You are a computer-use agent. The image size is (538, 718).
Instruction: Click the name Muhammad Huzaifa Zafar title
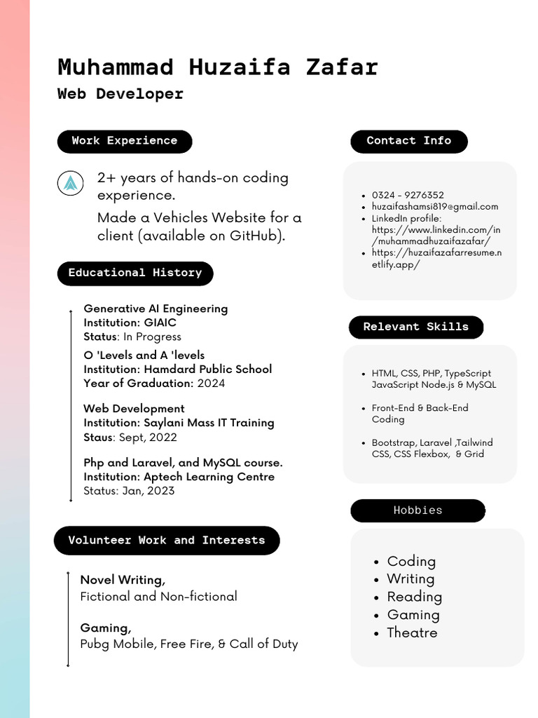tap(217, 67)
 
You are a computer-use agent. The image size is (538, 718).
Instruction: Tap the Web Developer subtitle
tap(120, 94)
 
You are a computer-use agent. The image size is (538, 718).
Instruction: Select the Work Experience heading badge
tap(124, 141)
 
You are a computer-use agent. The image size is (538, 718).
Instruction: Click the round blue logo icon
tap(70, 184)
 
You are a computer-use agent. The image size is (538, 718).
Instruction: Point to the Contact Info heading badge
tap(408, 141)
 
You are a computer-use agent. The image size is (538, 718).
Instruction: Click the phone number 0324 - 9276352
tap(408, 195)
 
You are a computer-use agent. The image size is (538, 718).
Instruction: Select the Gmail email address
tap(434, 206)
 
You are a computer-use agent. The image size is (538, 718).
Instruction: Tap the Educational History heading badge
tap(134, 273)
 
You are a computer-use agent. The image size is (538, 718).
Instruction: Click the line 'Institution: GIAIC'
tap(130, 323)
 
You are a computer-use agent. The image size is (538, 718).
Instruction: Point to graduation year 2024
tap(211, 383)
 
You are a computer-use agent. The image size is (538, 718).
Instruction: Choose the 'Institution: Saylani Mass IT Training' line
tap(179, 423)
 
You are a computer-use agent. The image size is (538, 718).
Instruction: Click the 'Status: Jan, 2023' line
tap(129, 491)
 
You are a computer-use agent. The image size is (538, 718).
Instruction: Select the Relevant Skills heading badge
tap(415, 327)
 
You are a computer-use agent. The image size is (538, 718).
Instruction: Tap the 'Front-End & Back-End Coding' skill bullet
tap(419, 413)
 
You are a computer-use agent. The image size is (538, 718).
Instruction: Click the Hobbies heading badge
tap(418, 510)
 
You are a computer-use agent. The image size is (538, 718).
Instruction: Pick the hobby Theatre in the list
tap(412, 632)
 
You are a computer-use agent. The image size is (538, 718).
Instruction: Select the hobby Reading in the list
tap(414, 597)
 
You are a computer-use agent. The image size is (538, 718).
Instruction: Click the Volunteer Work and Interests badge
tap(166, 541)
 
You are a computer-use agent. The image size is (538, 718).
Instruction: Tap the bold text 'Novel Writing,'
tap(123, 580)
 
